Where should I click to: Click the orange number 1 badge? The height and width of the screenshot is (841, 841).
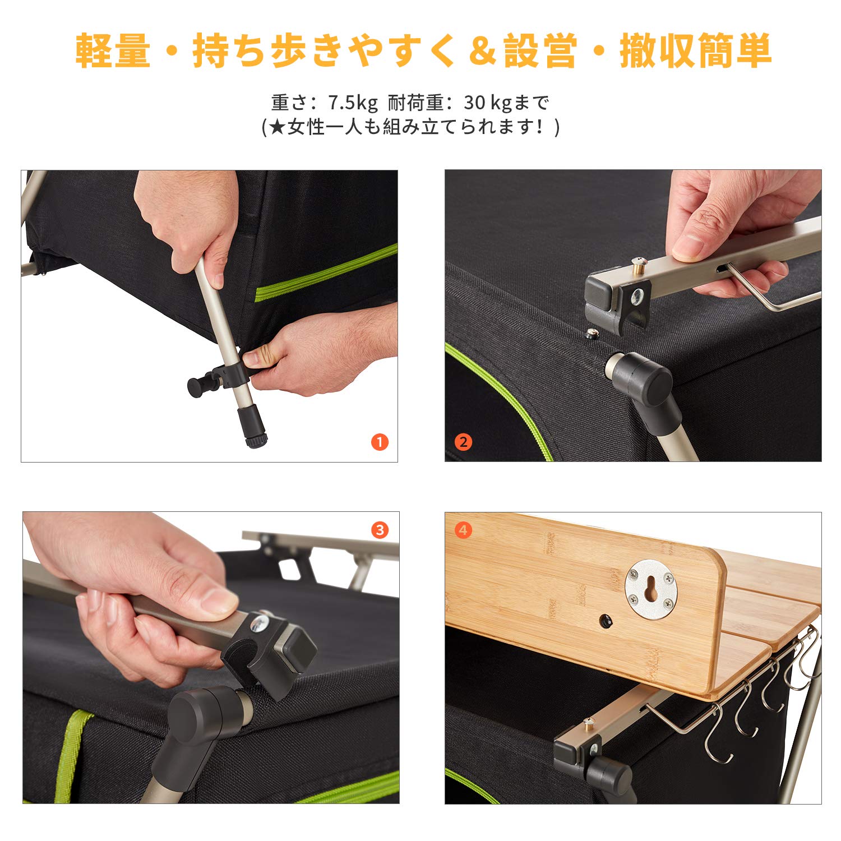coord(380,442)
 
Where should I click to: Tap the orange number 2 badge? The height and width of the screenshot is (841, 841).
coord(463,442)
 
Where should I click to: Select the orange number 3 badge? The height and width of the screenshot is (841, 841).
coord(380,530)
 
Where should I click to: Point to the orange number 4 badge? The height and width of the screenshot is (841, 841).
coord(463,530)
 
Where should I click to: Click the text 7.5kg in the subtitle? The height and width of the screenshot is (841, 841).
coord(353,103)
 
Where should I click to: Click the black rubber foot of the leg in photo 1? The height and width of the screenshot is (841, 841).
coord(253,427)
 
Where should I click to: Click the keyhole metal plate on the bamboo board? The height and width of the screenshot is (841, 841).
coord(651,589)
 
